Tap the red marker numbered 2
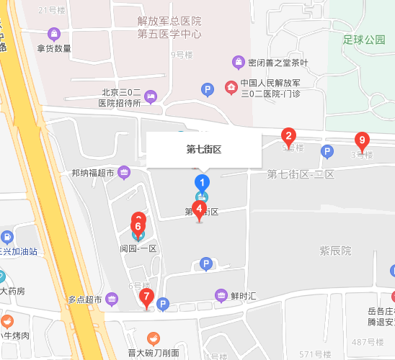[x=288, y=135]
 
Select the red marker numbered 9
[x=362, y=140]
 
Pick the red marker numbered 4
[x=200, y=210]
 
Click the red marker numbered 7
[x=147, y=297]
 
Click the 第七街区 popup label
[x=203, y=150]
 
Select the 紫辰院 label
[x=335, y=251]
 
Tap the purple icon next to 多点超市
[x=112, y=299]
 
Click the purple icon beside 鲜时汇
[x=221, y=294]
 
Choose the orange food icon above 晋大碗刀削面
[x=153, y=338]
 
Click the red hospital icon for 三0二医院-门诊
[x=231, y=88]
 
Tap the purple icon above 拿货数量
[x=54, y=33]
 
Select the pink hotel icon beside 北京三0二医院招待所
[x=151, y=96]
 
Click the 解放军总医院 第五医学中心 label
[x=169, y=28]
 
